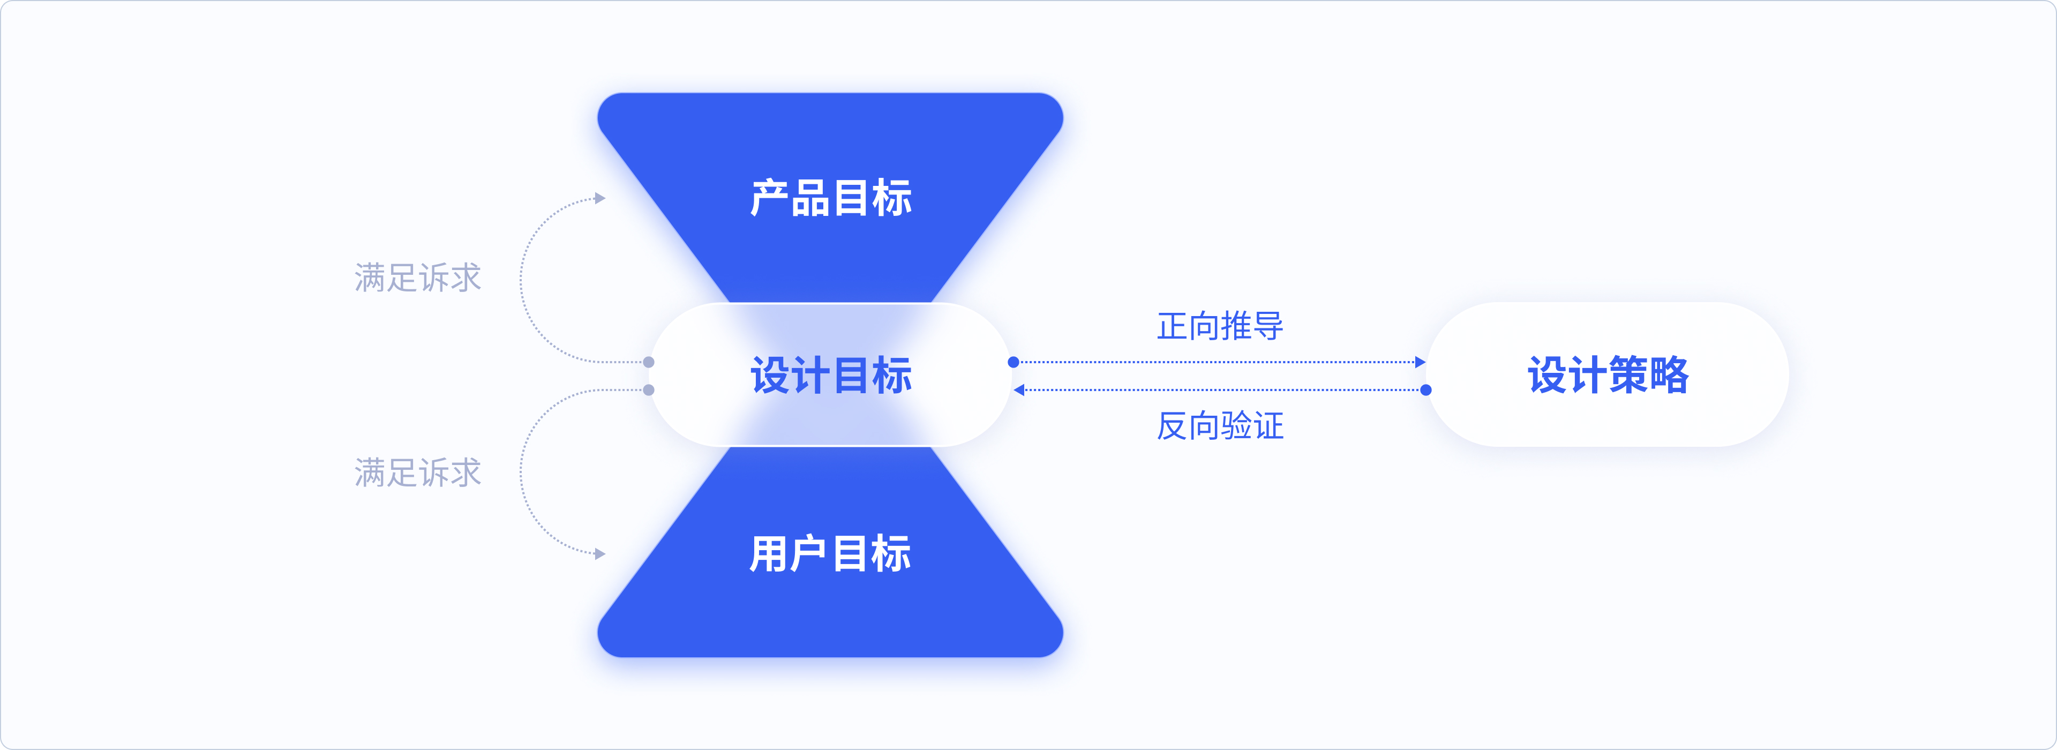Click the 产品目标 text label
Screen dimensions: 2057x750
pyautogui.click(x=830, y=198)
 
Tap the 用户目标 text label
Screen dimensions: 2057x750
pyautogui.click(x=830, y=553)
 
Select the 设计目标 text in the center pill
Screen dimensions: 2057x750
pyautogui.click(x=830, y=376)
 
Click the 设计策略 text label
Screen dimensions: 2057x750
pyautogui.click(x=1608, y=376)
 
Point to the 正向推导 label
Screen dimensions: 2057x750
pyautogui.click(x=1220, y=326)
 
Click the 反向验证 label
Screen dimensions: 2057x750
pyautogui.click(x=1220, y=426)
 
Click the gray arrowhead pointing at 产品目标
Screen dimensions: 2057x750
pyautogui.click(x=600, y=198)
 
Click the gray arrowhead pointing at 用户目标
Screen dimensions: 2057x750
pyautogui.click(x=600, y=553)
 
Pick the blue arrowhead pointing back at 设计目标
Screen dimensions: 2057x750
pyautogui.click(x=1019, y=390)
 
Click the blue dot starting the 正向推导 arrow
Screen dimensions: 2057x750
pyautogui.click(x=1014, y=362)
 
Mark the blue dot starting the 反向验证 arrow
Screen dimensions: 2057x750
pyautogui.click(x=1426, y=390)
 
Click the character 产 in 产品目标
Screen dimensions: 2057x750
pyautogui.click(x=769, y=198)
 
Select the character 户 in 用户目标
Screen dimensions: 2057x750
pyautogui.click(x=810, y=553)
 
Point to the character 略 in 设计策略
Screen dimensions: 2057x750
pyautogui.click(x=1670, y=376)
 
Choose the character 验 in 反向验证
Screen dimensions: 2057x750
pyautogui.click(x=1236, y=426)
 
